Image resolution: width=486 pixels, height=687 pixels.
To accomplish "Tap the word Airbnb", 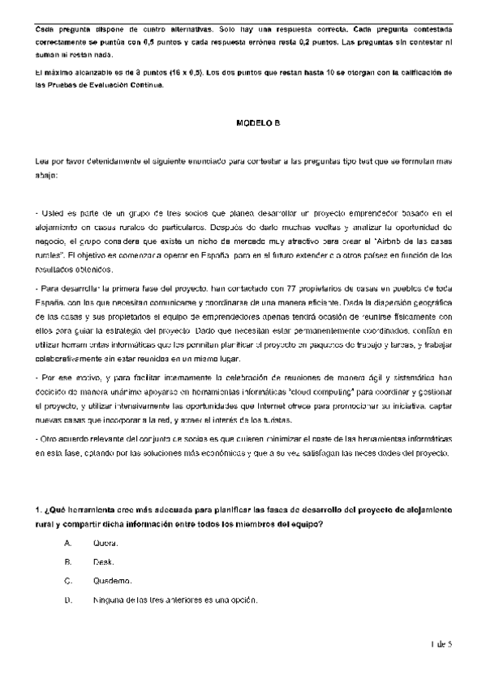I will point(387,242).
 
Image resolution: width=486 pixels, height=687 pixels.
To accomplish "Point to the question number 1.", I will point(37,510).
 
